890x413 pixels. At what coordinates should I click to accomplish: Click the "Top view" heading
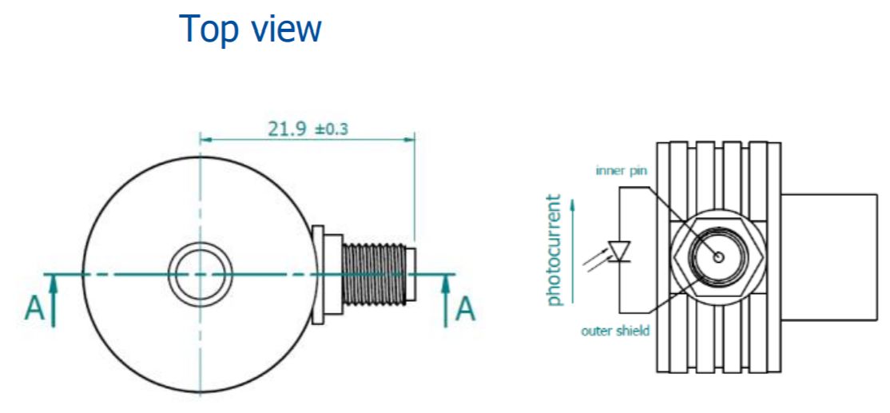coord(251,30)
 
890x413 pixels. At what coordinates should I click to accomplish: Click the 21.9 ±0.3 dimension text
coord(308,128)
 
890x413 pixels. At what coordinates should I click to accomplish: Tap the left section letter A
coord(34,308)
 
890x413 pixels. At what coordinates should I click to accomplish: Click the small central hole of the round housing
coord(200,274)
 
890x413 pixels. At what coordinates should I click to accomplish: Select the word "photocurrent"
coord(554,249)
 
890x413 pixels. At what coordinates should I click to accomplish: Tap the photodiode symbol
coord(619,251)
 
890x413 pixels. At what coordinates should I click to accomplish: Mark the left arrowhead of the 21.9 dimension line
coord(205,140)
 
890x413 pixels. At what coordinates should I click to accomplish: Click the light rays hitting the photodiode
coord(596,260)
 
